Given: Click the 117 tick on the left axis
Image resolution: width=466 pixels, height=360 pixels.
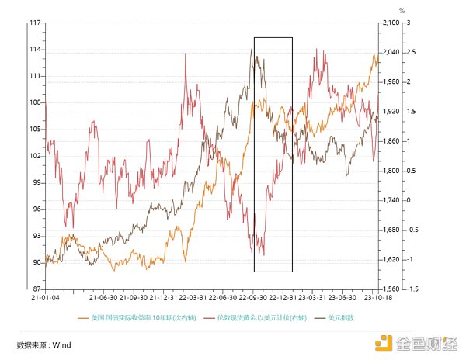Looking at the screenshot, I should (35, 23).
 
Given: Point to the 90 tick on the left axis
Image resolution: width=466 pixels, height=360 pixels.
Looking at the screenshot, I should (36, 262).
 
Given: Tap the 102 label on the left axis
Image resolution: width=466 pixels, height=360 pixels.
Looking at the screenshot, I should (35, 156).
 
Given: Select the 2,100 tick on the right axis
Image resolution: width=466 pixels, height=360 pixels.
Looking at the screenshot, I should (388, 23).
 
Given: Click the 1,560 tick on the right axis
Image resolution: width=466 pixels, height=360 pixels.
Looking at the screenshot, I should (388, 289).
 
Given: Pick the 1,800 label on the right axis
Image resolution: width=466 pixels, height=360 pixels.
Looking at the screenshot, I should (388, 171).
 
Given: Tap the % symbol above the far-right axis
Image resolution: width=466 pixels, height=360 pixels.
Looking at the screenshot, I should (402, 12).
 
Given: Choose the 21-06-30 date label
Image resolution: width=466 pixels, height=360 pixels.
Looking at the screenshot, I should (103, 297).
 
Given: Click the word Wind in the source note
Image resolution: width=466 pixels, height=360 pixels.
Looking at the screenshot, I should (62, 345).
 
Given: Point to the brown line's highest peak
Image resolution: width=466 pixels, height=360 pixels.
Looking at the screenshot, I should (252, 49).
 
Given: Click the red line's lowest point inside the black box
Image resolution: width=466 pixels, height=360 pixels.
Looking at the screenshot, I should (264, 254).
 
